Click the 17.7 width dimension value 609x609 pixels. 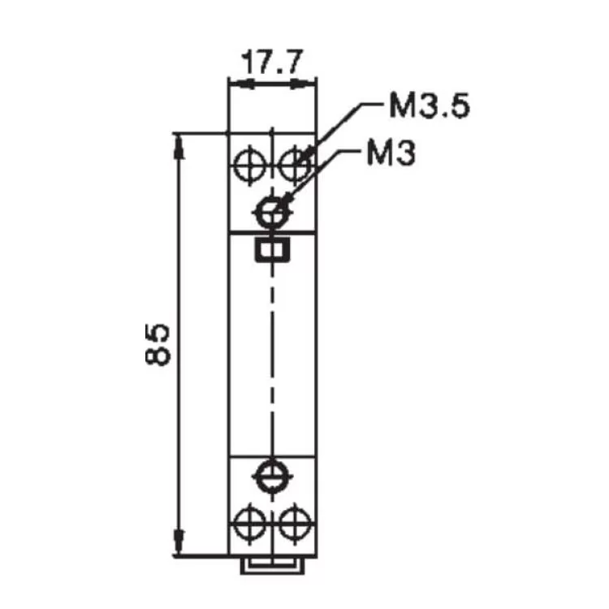272,61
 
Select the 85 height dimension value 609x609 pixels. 159,345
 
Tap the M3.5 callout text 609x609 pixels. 428,106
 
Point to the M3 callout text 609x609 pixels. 391,152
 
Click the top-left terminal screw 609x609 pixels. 248,163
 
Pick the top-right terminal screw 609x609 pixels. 295,163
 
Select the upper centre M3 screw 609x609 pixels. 271,213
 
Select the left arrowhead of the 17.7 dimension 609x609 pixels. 235,81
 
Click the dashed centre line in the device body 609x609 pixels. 271,349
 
